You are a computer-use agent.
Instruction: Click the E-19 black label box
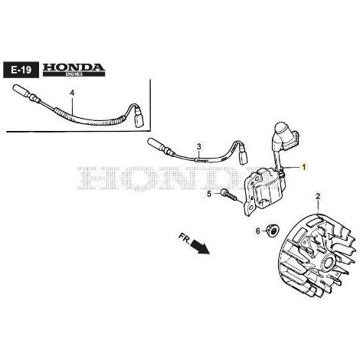click(21, 70)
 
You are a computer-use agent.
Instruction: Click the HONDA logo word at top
click(74, 67)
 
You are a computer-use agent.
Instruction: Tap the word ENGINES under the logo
click(74, 74)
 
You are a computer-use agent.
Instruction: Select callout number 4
click(72, 93)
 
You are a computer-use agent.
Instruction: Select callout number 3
click(199, 146)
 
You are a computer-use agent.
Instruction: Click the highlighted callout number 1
click(303, 167)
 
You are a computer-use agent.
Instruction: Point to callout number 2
click(318, 197)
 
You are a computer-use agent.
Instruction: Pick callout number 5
click(209, 194)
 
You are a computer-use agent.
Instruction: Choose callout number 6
click(258, 231)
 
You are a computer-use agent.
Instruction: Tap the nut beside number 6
click(273, 231)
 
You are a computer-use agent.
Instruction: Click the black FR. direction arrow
click(201, 247)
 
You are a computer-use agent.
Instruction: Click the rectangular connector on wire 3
click(243, 156)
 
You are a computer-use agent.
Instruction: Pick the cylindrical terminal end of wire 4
click(21, 90)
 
